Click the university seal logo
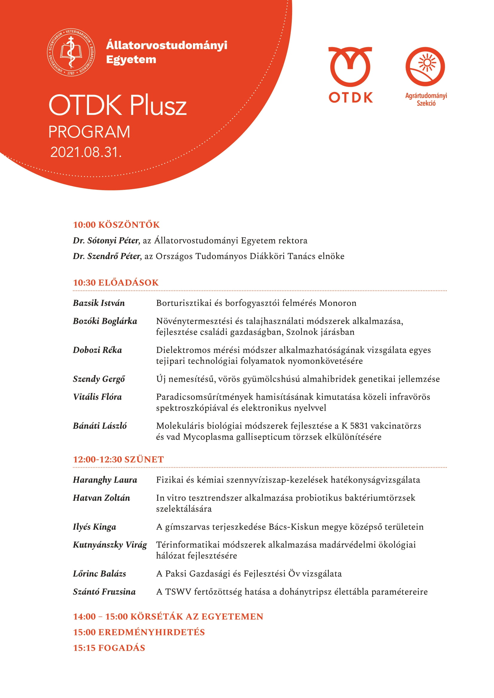(x=70, y=52)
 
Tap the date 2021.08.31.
(x=86, y=152)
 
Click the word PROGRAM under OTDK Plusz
(x=89, y=132)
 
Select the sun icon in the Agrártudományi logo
(x=427, y=63)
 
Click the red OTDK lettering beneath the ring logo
(x=350, y=98)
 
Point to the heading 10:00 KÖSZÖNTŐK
(x=116, y=225)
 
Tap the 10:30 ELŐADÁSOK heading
(x=116, y=282)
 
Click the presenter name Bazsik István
(x=99, y=303)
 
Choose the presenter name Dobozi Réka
(x=97, y=350)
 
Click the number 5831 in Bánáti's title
(x=359, y=426)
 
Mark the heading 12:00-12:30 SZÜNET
(x=118, y=459)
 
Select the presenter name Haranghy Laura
(x=105, y=480)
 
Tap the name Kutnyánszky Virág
(x=110, y=545)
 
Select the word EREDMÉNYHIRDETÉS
(x=151, y=632)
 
